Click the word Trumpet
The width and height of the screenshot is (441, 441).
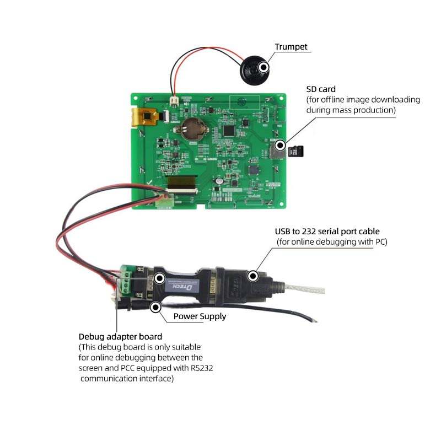point(291,47)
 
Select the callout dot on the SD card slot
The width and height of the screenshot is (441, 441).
point(281,146)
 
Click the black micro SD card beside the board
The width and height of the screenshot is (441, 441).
point(297,150)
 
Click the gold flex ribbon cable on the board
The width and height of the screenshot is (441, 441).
point(141,117)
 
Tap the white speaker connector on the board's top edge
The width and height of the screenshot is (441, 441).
point(174,101)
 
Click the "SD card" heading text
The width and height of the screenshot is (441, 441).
point(321,89)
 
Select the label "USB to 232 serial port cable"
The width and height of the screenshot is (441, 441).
point(327,231)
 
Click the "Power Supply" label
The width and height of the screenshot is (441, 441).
point(200,316)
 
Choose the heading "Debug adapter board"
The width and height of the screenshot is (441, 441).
point(120,336)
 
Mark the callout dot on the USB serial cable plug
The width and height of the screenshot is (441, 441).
point(253,276)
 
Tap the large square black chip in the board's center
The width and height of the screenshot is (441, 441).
point(229,130)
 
